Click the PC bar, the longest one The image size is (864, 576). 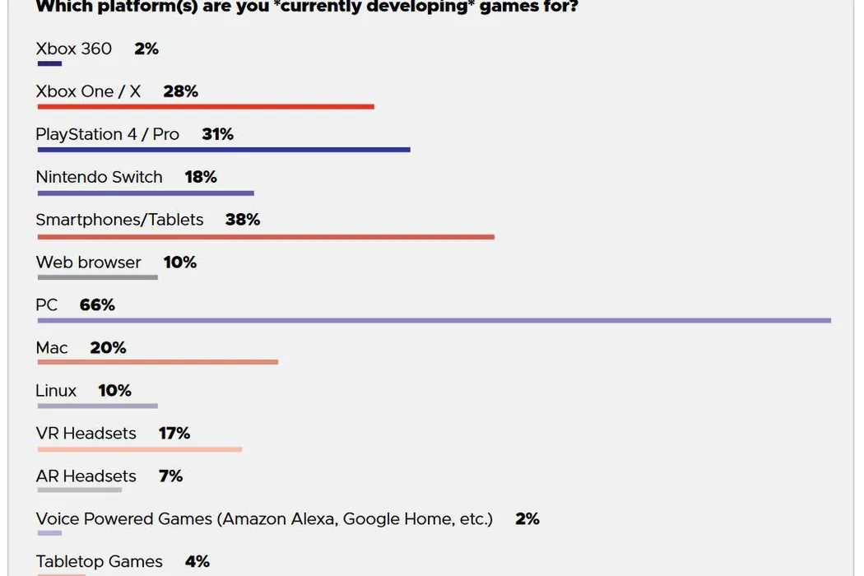point(434,320)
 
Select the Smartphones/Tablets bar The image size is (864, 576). point(266,237)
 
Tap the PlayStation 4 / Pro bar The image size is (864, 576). point(223,150)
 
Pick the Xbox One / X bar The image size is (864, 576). point(206,107)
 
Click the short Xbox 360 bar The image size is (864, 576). point(49,63)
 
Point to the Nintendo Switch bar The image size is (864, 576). point(146,193)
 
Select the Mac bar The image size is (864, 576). point(157,362)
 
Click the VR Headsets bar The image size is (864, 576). point(140,449)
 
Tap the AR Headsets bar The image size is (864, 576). point(80,490)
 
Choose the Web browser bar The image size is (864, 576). point(97,277)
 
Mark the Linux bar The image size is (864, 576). point(97,406)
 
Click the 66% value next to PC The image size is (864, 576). point(97,305)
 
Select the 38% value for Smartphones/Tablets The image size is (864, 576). point(243,220)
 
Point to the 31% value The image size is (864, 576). point(218,134)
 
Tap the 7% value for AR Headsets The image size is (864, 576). point(170,476)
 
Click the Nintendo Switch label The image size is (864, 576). point(100,177)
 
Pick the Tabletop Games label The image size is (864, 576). point(100,562)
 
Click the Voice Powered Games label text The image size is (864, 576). point(264,519)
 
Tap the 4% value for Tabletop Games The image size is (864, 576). point(197,562)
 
